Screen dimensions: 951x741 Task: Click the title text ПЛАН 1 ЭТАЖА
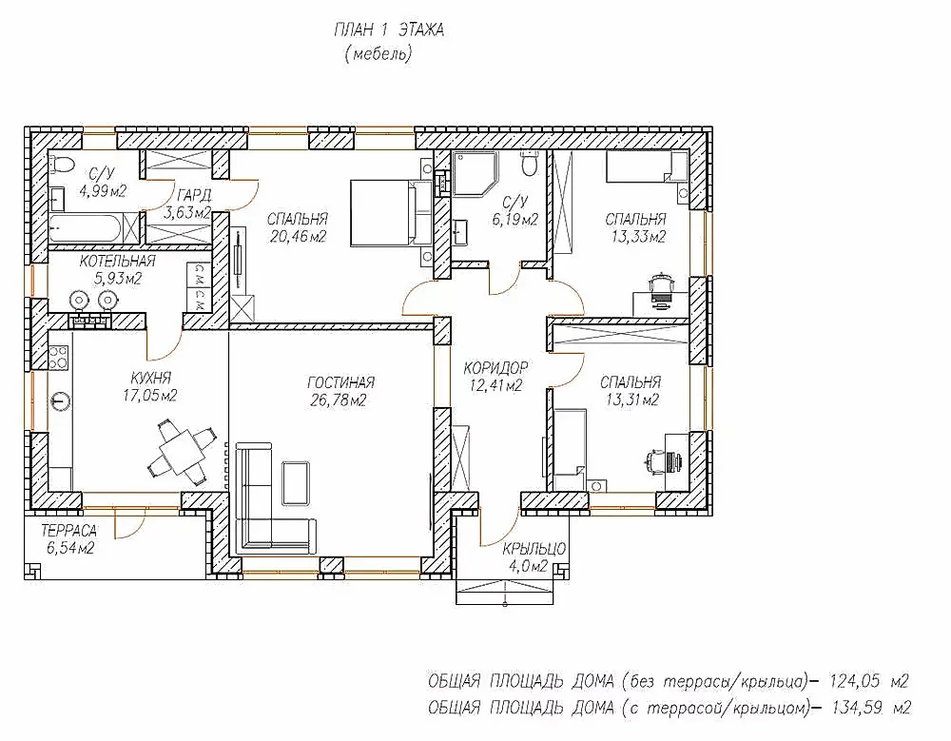(x=389, y=29)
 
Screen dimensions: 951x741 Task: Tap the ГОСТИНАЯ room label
(x=340, y=382)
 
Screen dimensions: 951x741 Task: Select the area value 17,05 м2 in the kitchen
(x=150, y=397)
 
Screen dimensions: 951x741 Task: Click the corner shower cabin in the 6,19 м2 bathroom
(x=475, y=173)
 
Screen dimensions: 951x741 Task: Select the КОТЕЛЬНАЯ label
(x=118, y=262)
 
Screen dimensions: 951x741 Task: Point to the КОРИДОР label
(x=496, y=368)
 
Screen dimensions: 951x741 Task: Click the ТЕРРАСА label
(x=68, y=531)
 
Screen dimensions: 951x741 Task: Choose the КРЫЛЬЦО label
(x=534, y=549)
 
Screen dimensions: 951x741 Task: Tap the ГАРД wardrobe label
(x=194, y=195)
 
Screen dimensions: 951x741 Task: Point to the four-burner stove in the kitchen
(x=59, y=358)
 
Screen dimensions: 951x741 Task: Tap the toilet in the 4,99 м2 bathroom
(x=61, y=162)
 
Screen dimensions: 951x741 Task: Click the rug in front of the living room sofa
(x=297, y=482)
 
